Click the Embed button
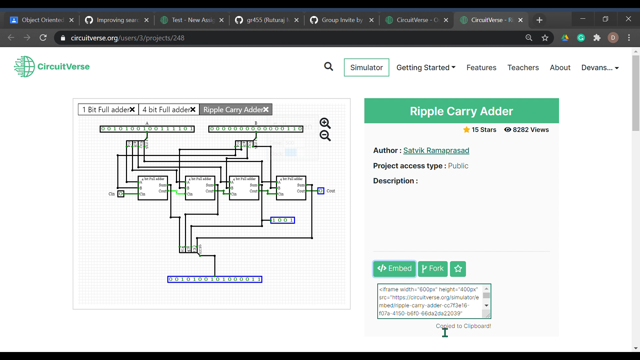coord(394,269)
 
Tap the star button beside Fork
coord(458,269)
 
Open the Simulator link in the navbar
coord(366,68)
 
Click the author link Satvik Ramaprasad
coord(436,151)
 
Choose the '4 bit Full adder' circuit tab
coord(166,110)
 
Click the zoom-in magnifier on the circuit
coord(325,123)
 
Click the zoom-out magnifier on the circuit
coord(325,136)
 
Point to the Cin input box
coord(121,194)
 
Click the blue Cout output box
coord(321,191)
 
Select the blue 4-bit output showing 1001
coord(282,220)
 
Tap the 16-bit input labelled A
coord(147,129)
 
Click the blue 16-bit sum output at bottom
coord(215,279)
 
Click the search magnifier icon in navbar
coord(329,67)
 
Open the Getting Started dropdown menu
coord(426,68)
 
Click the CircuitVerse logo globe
coord(24,67)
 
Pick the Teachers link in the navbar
coord(523,68)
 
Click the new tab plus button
coord(539,20)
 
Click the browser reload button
coord(43,38)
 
